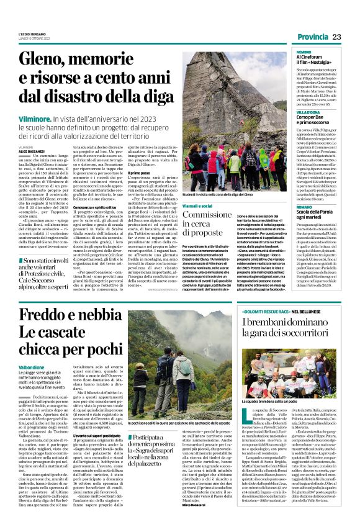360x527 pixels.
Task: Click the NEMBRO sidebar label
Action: click(x=304, y=52)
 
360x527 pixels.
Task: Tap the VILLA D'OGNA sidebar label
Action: click(x=308, y=111)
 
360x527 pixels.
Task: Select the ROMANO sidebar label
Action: click(x=305, y=206)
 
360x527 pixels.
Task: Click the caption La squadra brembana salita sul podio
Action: click(x=276, y=403)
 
